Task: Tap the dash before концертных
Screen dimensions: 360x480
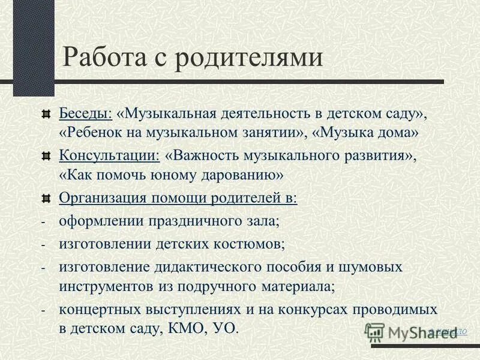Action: tap(43, 311)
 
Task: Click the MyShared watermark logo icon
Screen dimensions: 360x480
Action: tap(376, 332)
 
